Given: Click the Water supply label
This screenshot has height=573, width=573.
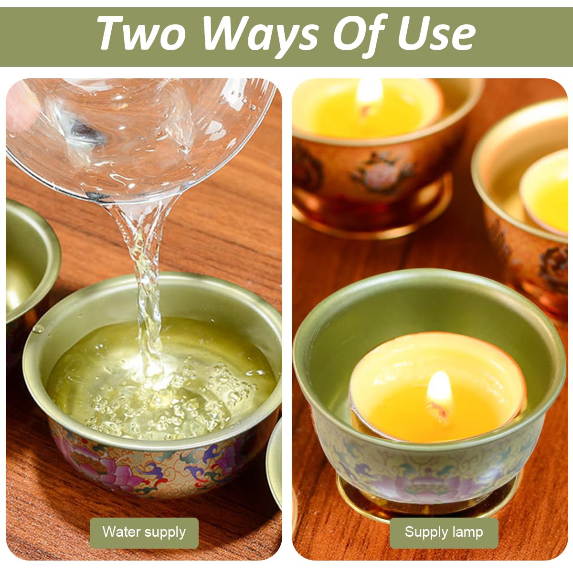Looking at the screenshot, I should (x=144, y=532).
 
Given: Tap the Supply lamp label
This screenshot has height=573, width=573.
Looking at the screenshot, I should (x=444, y=532).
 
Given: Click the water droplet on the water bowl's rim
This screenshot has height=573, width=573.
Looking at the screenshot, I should (x=37, y=329).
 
